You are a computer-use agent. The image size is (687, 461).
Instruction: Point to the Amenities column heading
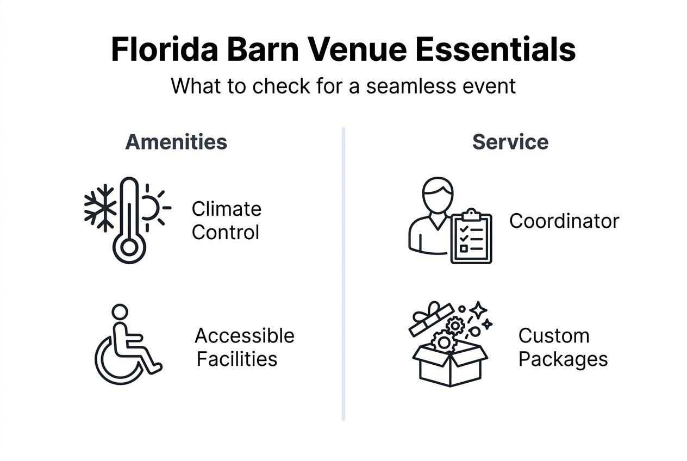(x=176, y=142)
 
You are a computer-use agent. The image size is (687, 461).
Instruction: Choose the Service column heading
(x=510, y=142)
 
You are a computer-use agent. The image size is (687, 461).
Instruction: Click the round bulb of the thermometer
(x=129, y=248)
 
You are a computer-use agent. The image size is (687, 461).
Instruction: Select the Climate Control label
(x=226, y=221)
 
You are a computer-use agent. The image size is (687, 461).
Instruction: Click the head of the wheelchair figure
(x=120, y=312)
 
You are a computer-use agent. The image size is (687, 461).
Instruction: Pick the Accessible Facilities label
(x=244, y=347)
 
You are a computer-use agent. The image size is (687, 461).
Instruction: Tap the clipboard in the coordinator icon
(x=471, y=238)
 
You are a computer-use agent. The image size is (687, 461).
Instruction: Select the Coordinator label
(x=564, y=221)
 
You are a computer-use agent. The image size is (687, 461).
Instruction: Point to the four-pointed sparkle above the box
(x=479, y=310)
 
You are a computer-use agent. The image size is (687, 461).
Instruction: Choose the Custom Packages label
(x=562, y=347)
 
